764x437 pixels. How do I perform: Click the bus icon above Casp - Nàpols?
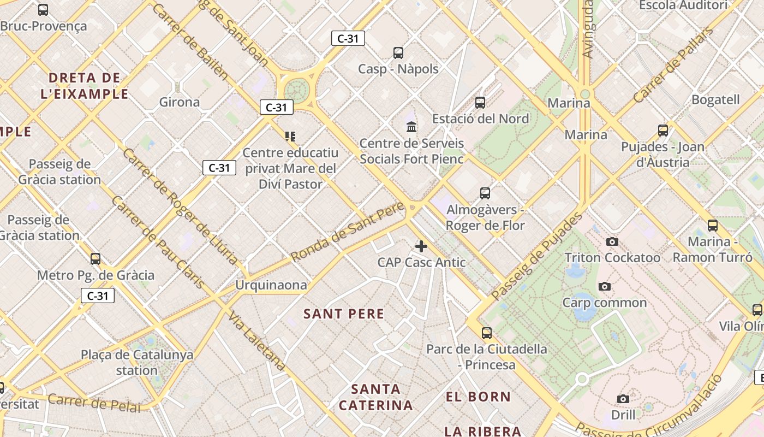pos(398,53)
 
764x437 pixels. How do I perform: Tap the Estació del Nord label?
pos(481,119)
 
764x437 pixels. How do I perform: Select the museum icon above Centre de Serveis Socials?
pos(411,127)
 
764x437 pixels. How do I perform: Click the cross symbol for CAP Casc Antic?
pos(421,246)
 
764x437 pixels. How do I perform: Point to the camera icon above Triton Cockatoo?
pos(612,241)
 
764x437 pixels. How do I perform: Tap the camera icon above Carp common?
pos(604,286)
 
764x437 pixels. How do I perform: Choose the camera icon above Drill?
pos(623,399)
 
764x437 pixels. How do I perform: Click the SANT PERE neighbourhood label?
pos(344,314)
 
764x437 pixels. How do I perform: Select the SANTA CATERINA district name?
pos(376,397)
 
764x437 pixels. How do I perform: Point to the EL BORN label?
pos(478,397)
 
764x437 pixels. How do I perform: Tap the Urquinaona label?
pos(271,285)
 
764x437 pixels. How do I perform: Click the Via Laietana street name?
pos(257,341)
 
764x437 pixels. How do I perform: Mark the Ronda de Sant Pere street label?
pos(348,231)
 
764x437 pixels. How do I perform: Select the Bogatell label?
pos(715,99)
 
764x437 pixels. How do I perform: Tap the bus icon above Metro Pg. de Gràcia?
pos(95,258)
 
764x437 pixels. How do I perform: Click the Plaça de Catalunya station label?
pos(137,362)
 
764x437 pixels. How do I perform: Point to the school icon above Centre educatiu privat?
pos(290,136)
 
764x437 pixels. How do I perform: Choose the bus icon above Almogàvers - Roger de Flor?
pos(485,193)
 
